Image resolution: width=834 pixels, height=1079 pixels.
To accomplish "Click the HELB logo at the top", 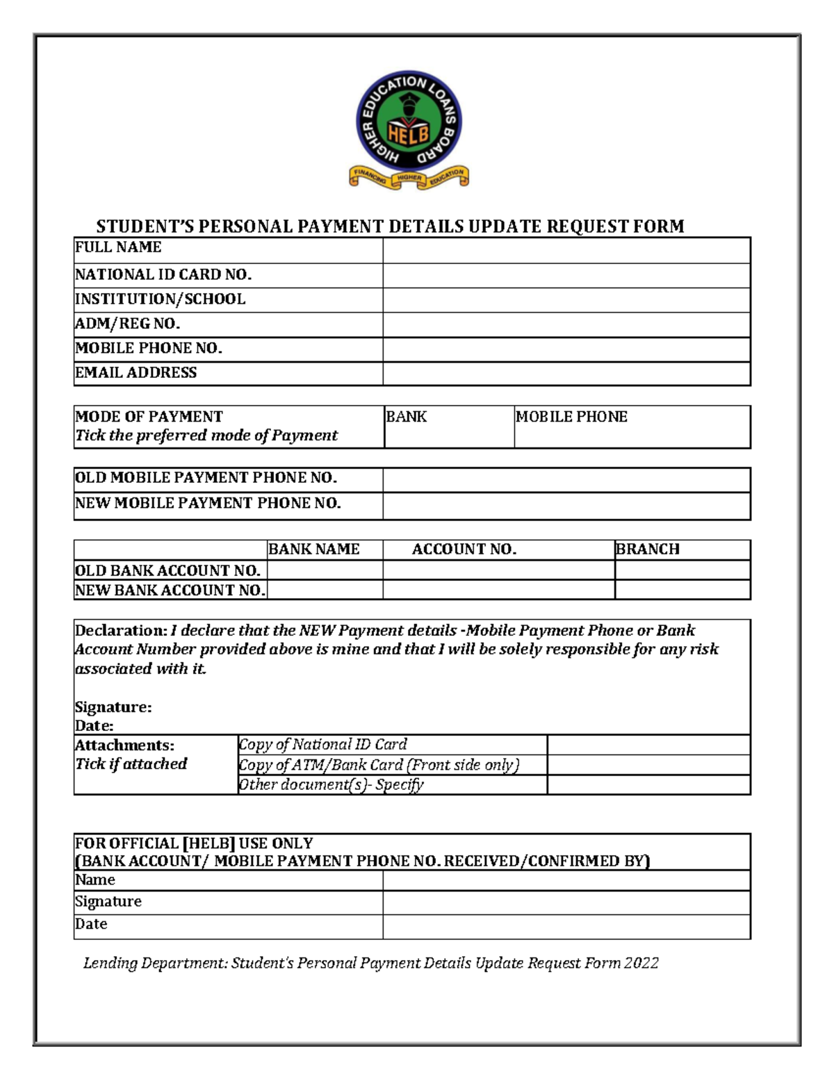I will coord(409,129).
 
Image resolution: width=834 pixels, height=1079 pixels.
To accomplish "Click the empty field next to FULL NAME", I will coord(566,250).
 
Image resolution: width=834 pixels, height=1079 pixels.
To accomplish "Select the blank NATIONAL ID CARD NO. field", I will coord(566,275).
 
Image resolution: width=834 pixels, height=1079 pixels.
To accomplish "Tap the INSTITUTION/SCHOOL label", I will coord(160,299).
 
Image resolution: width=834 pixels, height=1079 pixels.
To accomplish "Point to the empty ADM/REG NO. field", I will coord(566,324).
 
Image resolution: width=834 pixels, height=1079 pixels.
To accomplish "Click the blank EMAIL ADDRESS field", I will coord(566,373).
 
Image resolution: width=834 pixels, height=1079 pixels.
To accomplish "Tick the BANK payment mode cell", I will coord(448,427).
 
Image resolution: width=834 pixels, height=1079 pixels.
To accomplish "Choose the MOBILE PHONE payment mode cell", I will coord(631,427).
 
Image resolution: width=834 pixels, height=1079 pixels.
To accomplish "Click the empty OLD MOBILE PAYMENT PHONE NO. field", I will coord(566,479).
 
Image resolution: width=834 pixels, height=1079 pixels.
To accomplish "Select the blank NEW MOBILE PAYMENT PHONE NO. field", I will coord(566,505).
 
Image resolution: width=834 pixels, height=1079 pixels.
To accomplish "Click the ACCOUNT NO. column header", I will coord(464,550).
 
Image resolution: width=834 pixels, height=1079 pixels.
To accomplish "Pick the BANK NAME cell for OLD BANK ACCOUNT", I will coord(325,570).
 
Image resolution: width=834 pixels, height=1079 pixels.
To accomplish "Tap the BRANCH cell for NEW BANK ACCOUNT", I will coord(682,590).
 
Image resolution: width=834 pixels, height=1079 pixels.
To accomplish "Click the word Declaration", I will coord(120,631).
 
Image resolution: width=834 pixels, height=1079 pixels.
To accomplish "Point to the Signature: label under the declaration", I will coord(113,707).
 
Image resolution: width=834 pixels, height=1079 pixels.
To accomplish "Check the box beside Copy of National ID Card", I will coord(648,745).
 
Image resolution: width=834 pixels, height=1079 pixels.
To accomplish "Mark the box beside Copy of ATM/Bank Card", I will coord(648,765).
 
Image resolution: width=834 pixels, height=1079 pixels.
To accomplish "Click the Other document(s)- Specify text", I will coord(331,784).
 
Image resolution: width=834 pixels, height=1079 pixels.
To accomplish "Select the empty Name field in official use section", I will coord(566,880).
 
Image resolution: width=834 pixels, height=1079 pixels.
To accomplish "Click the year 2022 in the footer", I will coord(641,963).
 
